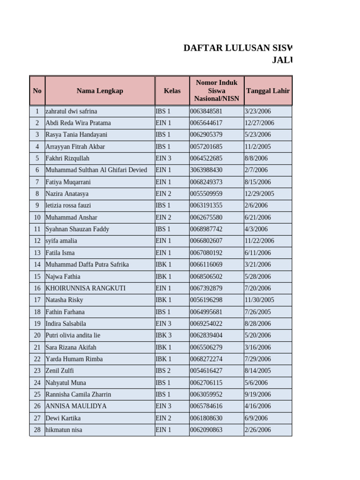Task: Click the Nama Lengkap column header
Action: [100, 91]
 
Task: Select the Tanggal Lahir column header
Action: [268, 91]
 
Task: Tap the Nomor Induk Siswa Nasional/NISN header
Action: [217, 91]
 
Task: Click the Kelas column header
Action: [172, 91]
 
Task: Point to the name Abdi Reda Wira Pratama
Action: [78, 123]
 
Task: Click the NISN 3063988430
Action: [206, 170]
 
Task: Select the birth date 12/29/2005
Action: [259, 194]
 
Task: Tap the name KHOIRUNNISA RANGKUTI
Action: [85, 288]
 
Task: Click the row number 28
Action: [37, 430]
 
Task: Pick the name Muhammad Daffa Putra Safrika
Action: [87, 264]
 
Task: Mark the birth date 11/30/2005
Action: [259, 300]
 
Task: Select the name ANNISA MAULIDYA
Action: [76, 406]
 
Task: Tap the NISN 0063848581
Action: [206, 111]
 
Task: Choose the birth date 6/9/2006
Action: [256, 418]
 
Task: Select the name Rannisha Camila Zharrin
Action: [78, 394]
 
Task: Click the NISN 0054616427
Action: [206, 371]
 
